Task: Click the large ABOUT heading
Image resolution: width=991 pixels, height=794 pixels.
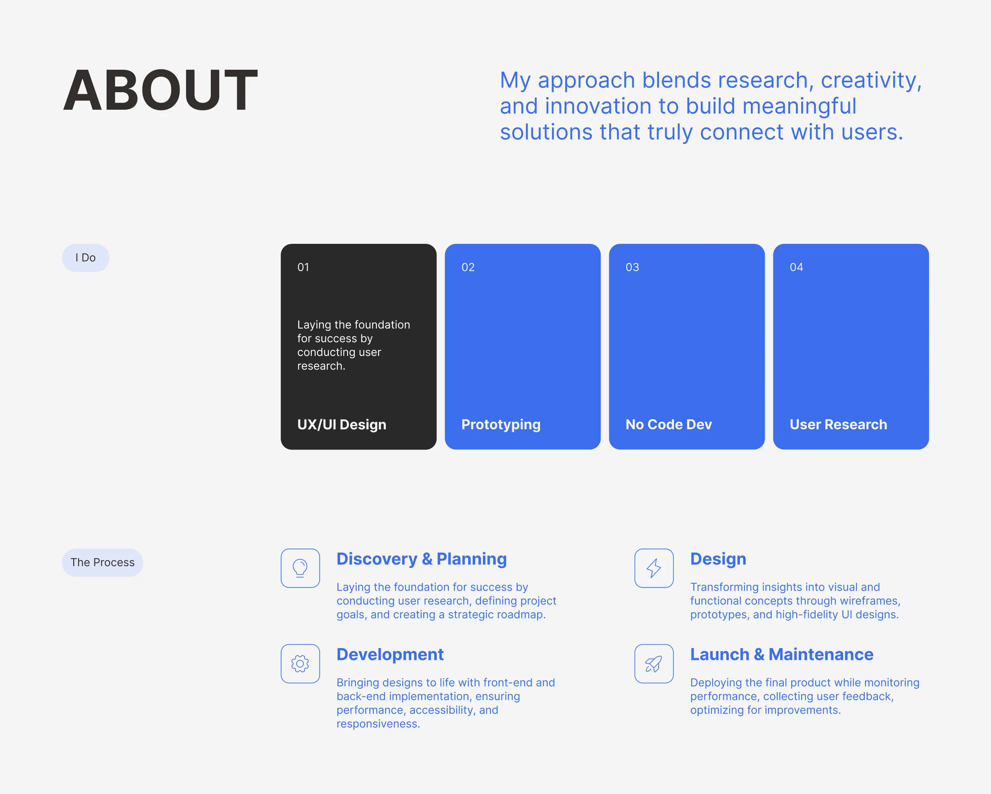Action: click(160, 90)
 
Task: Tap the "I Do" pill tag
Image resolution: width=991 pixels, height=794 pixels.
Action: click(85, 258)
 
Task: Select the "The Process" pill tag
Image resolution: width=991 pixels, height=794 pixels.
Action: click(103, 562)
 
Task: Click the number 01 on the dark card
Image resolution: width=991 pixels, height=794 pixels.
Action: click(303, 267)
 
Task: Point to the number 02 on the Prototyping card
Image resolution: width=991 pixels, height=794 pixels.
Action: click(468, 267)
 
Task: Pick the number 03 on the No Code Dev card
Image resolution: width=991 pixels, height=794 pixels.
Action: click(632, 267)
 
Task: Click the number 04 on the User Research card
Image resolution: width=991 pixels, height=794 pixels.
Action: click(797, 267)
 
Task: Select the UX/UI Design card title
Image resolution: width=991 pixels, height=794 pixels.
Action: click(342, 424)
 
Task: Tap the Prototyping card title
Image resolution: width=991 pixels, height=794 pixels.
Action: click(501, 424)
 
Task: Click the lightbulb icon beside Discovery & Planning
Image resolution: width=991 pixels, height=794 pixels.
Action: click(300, 568)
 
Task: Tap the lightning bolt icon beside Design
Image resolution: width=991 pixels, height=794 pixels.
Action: click(654, 568)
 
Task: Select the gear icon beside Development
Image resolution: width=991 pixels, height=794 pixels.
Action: click(300, 663)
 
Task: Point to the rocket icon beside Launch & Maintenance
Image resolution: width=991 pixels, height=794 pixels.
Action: click(654, 663)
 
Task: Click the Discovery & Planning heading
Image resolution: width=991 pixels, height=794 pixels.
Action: click(422, 559)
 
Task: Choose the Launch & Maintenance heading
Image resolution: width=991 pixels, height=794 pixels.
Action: click(782, 654)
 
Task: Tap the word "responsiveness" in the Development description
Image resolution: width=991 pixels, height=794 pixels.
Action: click(378, 724)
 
